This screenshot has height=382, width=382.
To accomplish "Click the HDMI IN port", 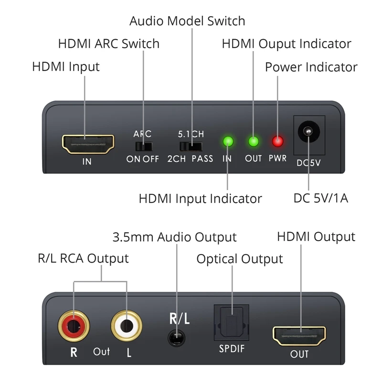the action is tap(88, 144).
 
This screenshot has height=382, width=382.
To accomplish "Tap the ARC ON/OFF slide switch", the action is tap(144, 147).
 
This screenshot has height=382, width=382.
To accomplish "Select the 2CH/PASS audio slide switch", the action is tap(191, 147).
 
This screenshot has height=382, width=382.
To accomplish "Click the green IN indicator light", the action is tap(228, 141).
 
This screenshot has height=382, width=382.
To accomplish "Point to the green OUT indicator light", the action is tap(254, 141).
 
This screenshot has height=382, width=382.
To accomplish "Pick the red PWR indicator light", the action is tap(277, 141).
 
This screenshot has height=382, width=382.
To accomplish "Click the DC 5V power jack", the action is tap(308, 132).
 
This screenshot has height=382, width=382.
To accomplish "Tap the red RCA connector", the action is tap(74, 326).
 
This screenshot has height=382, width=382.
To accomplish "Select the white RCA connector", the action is tap(127, 326).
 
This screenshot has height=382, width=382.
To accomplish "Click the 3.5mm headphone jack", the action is tap(176, 338).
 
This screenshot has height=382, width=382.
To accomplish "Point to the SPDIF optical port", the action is tap(232, 323).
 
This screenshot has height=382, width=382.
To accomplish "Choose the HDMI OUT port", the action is tap(299, 336).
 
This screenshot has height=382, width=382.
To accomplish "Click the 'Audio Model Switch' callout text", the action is tap(187, 21).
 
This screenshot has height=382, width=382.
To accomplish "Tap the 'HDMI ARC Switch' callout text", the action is tap(109, 44).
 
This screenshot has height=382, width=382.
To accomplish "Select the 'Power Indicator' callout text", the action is tap(311, 67).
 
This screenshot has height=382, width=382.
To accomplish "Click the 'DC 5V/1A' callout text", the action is tap(320, 198).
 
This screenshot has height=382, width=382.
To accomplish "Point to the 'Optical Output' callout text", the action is tap(240, 259).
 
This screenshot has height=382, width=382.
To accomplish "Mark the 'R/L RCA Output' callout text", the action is tap(83, 258).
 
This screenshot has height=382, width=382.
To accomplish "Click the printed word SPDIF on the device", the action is tap(232, 349).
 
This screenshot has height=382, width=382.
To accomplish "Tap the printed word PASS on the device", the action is tap(202, 159).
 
